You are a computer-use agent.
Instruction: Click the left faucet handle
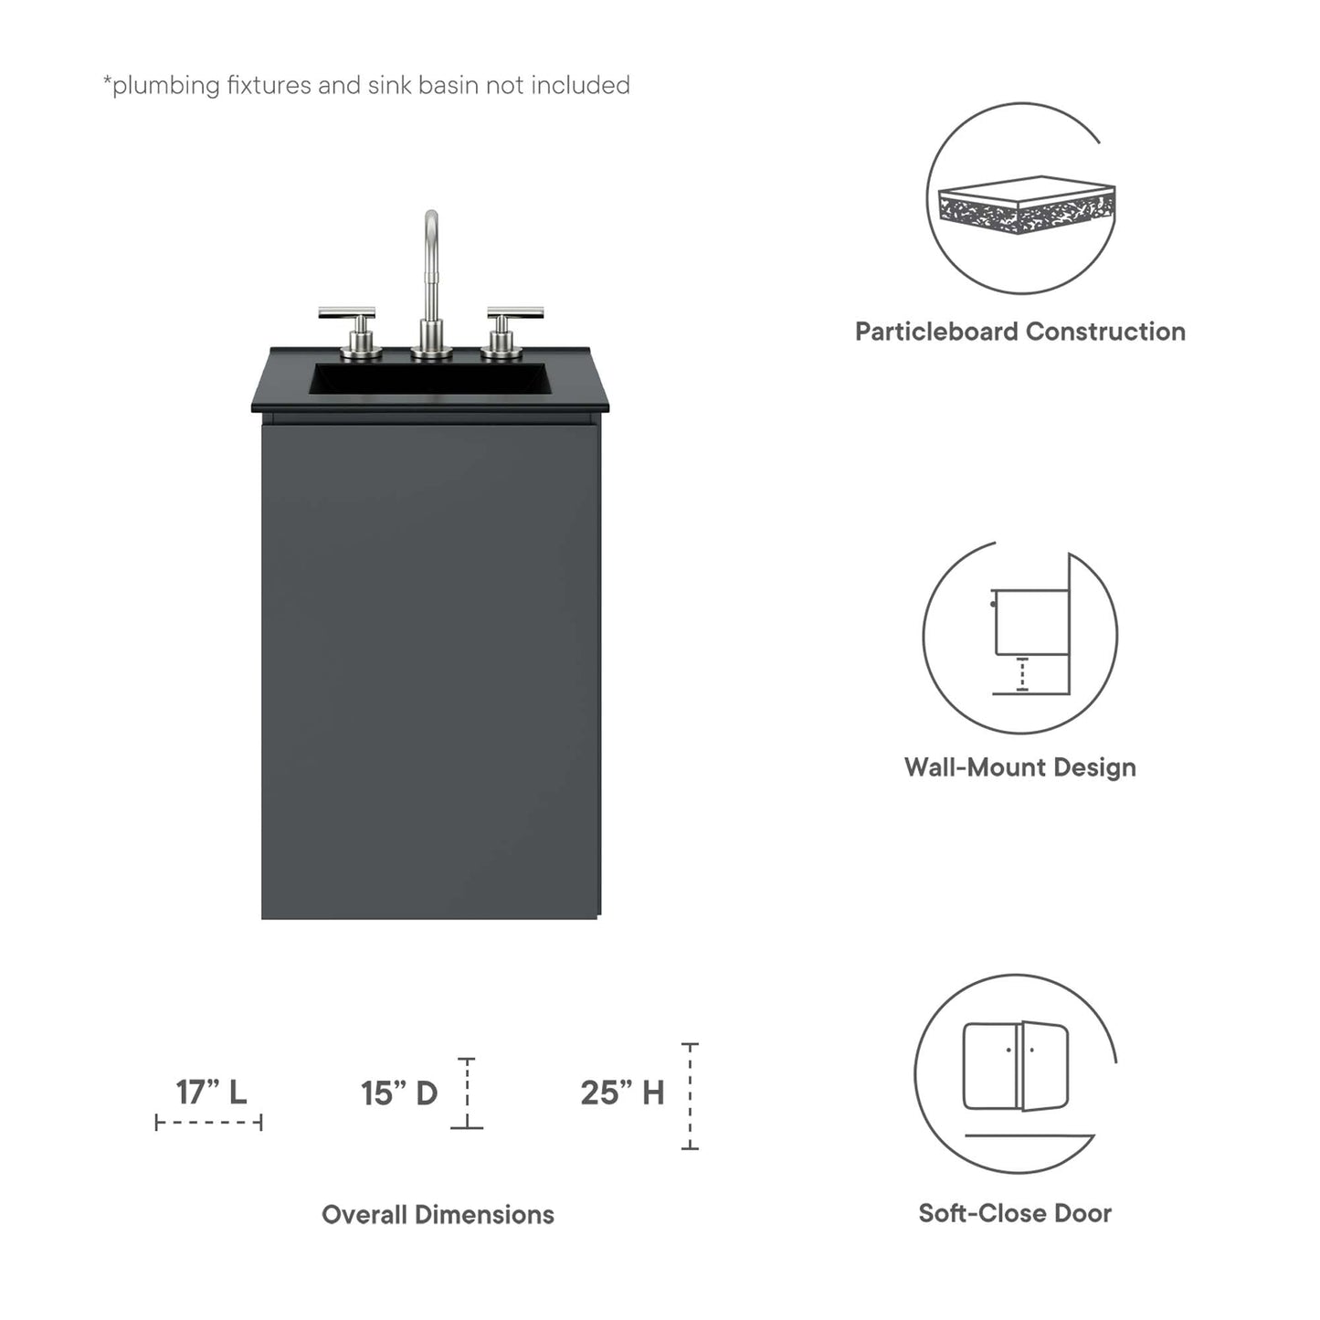pos(348,316)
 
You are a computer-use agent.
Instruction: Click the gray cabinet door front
pos(430,667)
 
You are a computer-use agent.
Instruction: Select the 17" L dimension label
pos(211,1092)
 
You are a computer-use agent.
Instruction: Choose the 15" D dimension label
pos(399,1093)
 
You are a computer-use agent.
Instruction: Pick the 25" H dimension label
pos(622,1093)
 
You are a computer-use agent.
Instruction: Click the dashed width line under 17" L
pos(209,1122)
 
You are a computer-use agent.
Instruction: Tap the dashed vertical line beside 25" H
pos(691,1096)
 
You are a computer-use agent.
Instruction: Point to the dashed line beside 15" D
pos(467,1093)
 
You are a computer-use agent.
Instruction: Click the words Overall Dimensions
pos(438,1215)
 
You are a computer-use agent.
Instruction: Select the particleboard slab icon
pos(1027,204)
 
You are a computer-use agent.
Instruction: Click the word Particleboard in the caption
pos(934,332)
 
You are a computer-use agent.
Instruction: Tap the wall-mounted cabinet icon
pos(1030,630)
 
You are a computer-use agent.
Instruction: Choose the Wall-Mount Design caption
pos(1019,767)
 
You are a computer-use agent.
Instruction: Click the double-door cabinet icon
pos(1016,1066)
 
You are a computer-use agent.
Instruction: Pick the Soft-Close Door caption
pos(1015,1213)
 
